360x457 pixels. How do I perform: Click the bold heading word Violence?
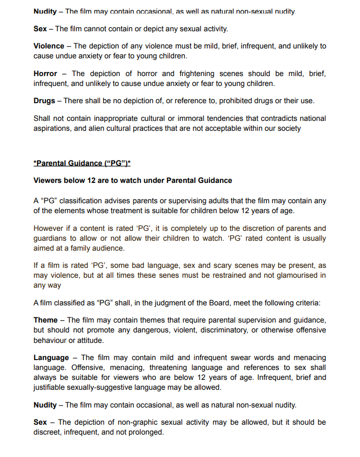[49, 46]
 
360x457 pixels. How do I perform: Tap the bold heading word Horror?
[45, 73]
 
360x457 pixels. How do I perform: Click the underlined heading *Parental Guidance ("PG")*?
[82, 163]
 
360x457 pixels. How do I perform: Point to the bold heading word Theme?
[46, 320]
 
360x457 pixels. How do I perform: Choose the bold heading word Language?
[51, 357]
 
